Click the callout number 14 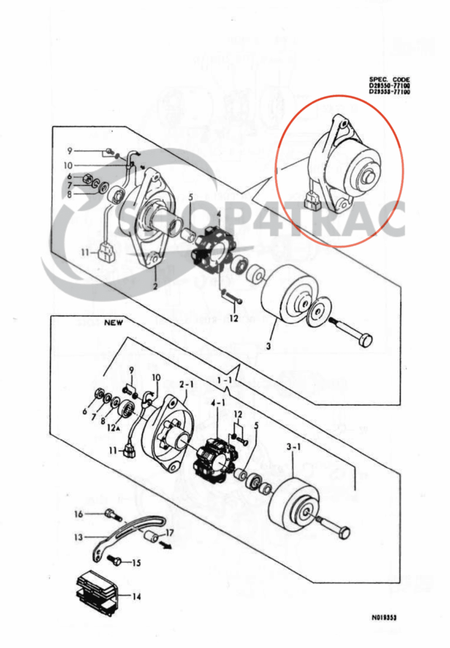[x=137, y=596]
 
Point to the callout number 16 [x=78, y=513]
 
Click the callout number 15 [x=136, y=563]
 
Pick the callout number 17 [x=170, y=532]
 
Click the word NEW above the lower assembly [x=114, y=323]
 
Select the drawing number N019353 [x=384, y=617]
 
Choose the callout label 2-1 [x=186, y=384]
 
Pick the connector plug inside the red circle [x=313, y=202]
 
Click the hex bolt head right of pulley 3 [x=364, y=338]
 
